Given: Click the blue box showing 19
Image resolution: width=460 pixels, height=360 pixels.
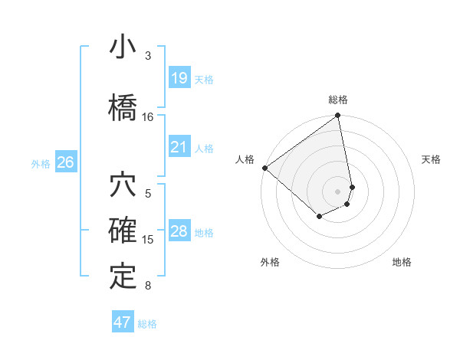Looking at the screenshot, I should coord(179,77).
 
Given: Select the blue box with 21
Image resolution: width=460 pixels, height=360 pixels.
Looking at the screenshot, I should coord(179,146).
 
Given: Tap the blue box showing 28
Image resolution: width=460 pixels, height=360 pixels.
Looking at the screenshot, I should coord(179,231).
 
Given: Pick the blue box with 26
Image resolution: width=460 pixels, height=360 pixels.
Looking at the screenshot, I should coord(66,162).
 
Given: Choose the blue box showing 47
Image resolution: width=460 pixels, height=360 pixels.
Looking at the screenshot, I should coord(123,322).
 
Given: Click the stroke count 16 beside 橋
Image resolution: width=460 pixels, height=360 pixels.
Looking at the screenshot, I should coord(148,116).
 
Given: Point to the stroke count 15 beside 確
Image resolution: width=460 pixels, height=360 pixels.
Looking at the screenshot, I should coord(148,239).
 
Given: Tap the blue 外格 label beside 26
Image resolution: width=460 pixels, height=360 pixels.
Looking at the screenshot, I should coord(41,162).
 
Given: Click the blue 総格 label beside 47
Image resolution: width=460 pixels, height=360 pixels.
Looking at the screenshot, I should coord(148,323).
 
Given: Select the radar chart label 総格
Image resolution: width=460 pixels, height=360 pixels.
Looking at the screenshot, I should coord(337,100).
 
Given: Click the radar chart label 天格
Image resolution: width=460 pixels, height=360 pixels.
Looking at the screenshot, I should coord(432,159).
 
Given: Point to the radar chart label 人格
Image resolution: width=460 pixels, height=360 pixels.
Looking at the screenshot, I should coord(245,159).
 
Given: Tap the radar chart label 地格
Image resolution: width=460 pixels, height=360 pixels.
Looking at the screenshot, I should coord(402,262).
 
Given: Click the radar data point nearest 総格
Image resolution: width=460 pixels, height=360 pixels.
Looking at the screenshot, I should coord(337,116).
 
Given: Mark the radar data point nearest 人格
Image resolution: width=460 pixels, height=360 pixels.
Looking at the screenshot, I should coord(264,168).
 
